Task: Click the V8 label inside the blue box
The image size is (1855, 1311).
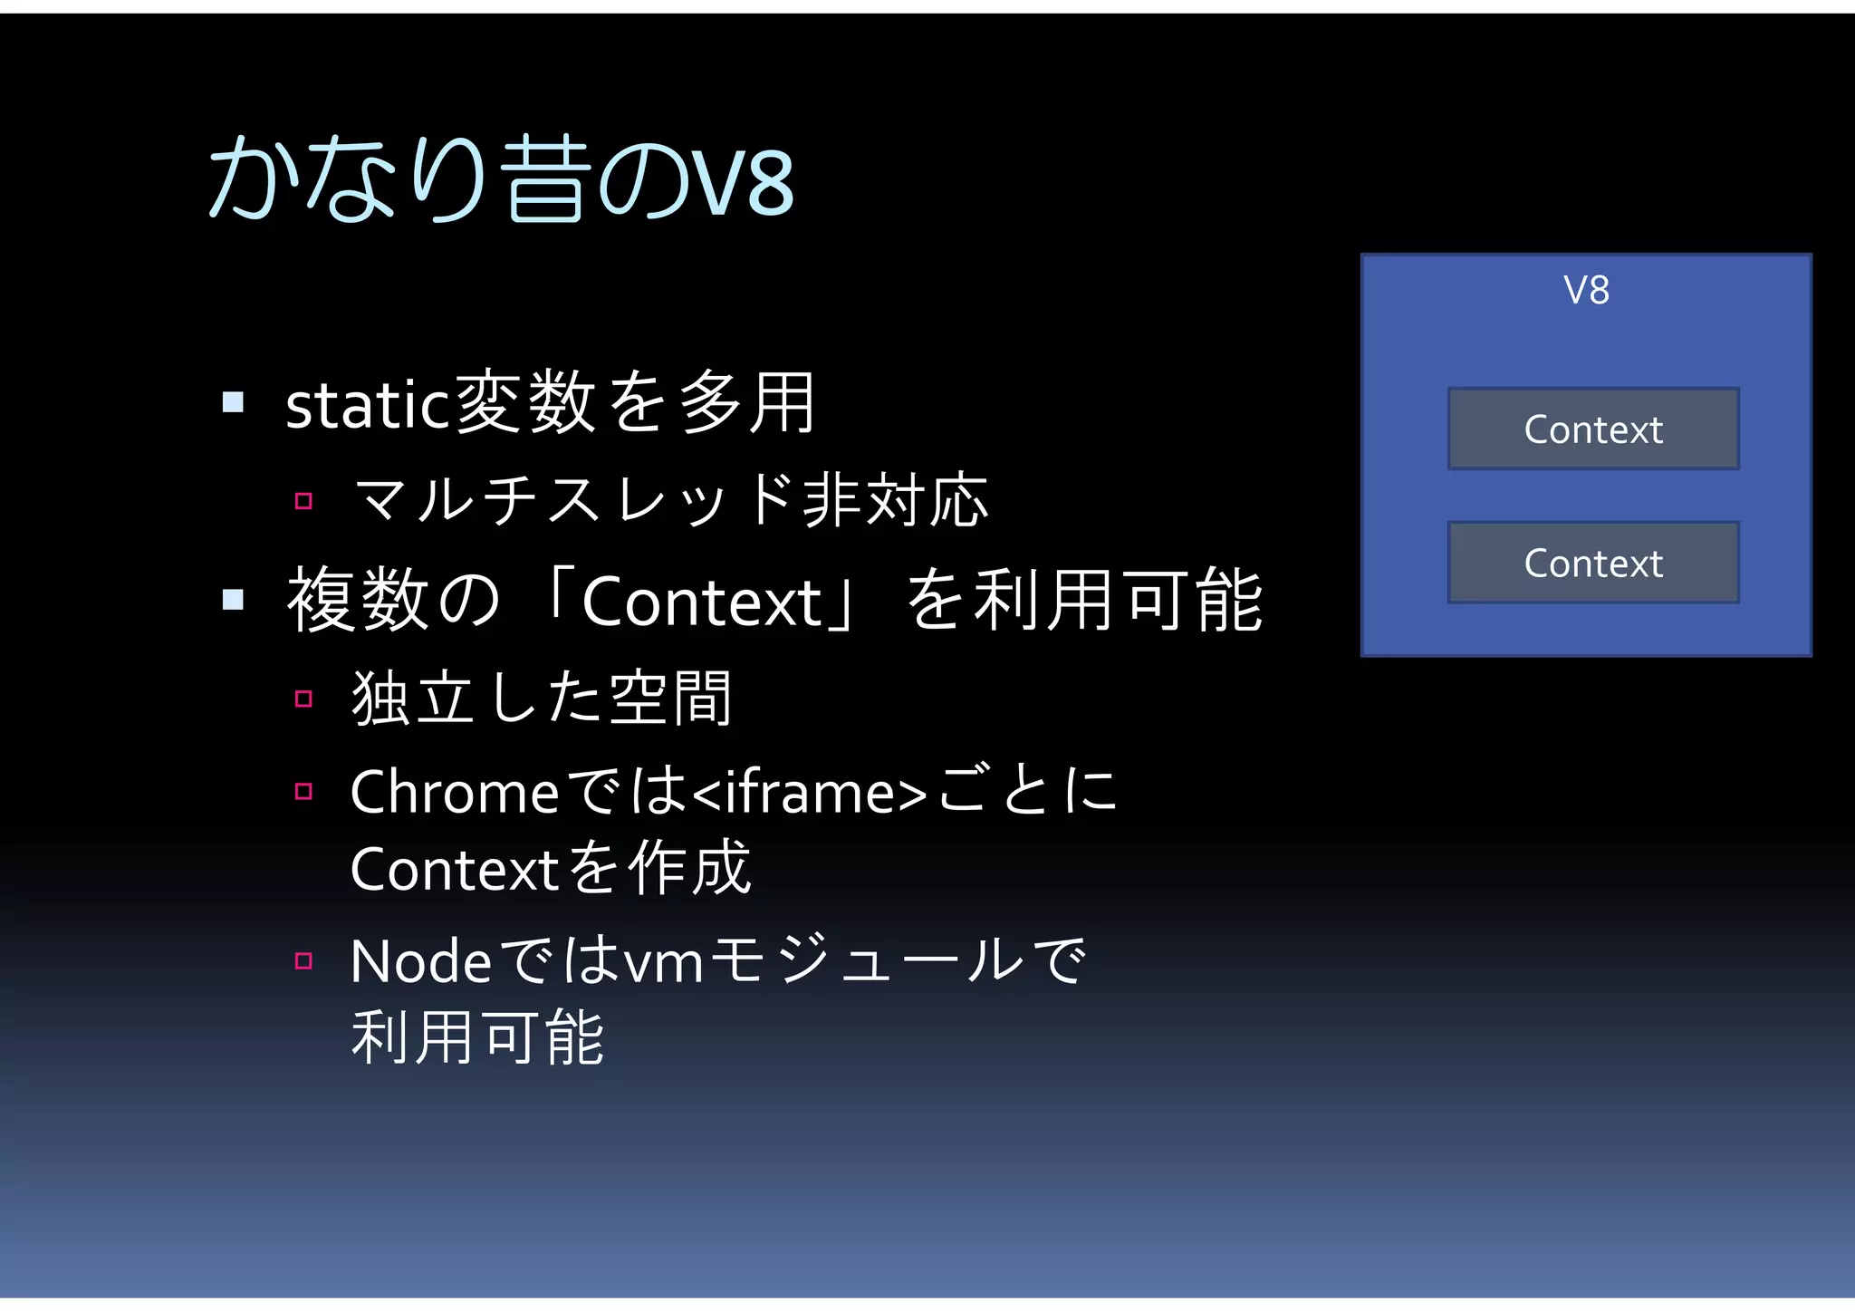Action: (1586, 291)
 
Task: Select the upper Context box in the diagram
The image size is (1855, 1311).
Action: (1593, 429)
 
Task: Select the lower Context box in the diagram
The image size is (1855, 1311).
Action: (1593, 563)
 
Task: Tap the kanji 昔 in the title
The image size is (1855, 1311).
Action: (542, 178)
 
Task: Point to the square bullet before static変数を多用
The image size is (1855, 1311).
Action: (234, 401)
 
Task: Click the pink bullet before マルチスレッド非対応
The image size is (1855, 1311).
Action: (303, 501)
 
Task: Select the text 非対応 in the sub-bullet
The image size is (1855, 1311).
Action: (895, 500)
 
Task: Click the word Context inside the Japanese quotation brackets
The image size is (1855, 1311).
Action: (701, 602)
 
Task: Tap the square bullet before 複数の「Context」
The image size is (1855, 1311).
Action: (234, 599)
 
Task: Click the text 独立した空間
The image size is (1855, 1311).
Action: (542, 699)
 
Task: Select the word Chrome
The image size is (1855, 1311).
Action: (455, 792)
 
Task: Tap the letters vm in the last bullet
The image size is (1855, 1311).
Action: (664, 963)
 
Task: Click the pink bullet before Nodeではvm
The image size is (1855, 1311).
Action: (303, 960)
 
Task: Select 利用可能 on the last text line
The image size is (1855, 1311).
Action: (477, 1038)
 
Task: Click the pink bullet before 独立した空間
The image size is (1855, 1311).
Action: (303, 699)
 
